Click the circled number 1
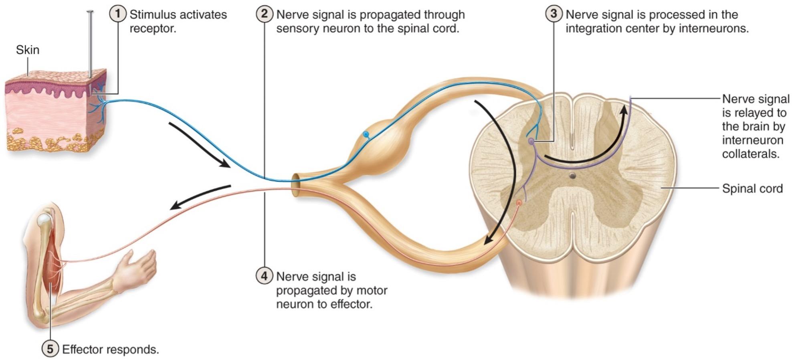(x=117, y=14)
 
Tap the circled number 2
(x=264, y=14)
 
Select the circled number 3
(x=554, y=14)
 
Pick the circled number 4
(x=264, y=276)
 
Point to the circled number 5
(x=50, y=349)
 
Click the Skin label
(x=28, y=50)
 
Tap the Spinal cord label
(x=752, y=188)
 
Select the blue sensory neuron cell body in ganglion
(x=365, y=134)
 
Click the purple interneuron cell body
(x=531, y=141)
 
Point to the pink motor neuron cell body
(x=519, y=203)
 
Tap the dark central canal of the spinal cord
(x=572, y=176)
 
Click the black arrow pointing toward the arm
(x=200, y=196)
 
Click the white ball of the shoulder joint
(x=43, y=219)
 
